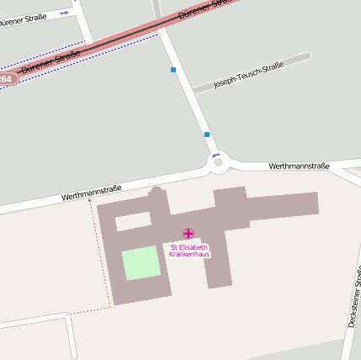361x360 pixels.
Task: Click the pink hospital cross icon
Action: coord(188,233)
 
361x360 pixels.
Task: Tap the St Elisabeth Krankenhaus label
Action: coord(189,251)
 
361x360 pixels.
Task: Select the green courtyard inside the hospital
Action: coord(141,263)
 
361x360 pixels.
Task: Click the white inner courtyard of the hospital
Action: coord(133,222)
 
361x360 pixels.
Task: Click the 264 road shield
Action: coord(7,79)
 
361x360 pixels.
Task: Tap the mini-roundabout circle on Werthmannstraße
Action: coord(219,162)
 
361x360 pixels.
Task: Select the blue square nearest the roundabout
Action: coord(207,134)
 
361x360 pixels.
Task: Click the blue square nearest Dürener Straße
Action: coord(173,70)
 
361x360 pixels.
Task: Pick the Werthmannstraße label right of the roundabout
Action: coord(299,167)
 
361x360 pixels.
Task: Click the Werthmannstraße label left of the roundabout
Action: coord(92,192)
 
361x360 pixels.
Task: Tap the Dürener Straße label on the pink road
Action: coord(50,61)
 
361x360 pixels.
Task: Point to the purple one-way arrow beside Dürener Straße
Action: coord(65,13)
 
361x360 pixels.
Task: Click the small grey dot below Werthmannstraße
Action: coord(90,201)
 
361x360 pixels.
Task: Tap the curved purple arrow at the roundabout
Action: coord(216,155)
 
